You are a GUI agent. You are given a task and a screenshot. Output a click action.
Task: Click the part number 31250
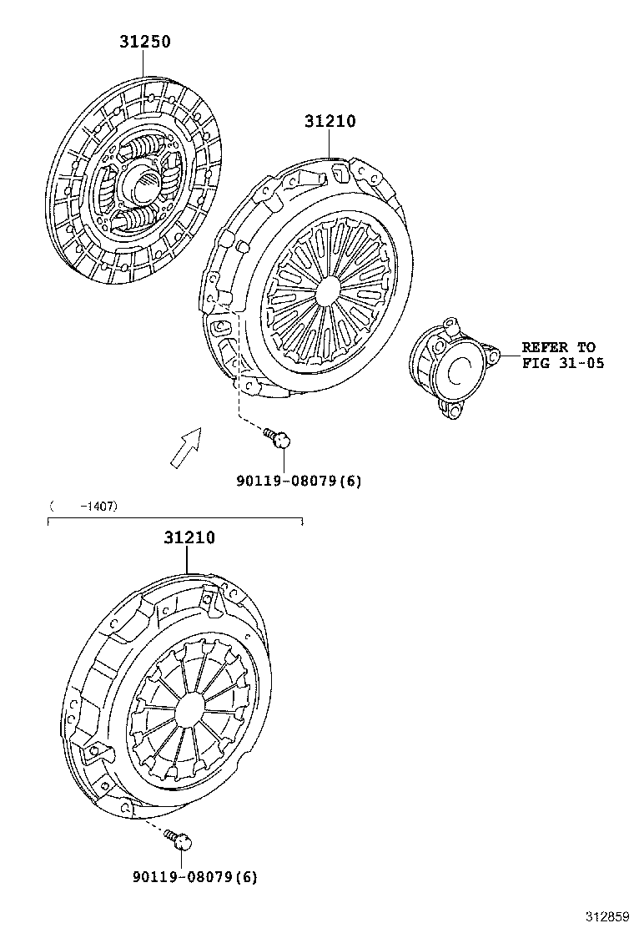click(145, 42)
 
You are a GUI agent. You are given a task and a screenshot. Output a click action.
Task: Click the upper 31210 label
click(330, 121)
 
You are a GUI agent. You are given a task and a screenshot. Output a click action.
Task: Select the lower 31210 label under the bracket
click(189, 538)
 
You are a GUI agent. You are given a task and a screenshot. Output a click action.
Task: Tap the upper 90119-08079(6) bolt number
click(299, 481)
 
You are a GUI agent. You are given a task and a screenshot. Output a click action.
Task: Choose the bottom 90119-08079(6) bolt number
click(195, 876)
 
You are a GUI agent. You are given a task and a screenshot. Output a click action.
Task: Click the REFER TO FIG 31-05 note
click(562, 356)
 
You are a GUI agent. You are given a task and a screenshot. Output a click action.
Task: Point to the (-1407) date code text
click(83, 506)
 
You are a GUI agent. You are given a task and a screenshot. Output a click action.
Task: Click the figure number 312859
click(607, 917)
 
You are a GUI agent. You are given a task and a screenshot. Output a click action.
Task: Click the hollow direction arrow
click(186, 448)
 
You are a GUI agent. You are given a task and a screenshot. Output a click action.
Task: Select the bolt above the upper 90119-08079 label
click(278, 438)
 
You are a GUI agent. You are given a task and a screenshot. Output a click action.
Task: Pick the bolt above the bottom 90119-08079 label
click(178, 839)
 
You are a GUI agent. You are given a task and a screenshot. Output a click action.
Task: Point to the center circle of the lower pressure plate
click(190, 709)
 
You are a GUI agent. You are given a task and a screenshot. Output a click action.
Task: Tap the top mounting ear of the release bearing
click(450, 324)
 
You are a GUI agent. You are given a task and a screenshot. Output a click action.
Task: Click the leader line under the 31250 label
click(143, 64)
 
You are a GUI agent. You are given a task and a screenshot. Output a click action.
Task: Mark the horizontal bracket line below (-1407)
click(175, 519)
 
